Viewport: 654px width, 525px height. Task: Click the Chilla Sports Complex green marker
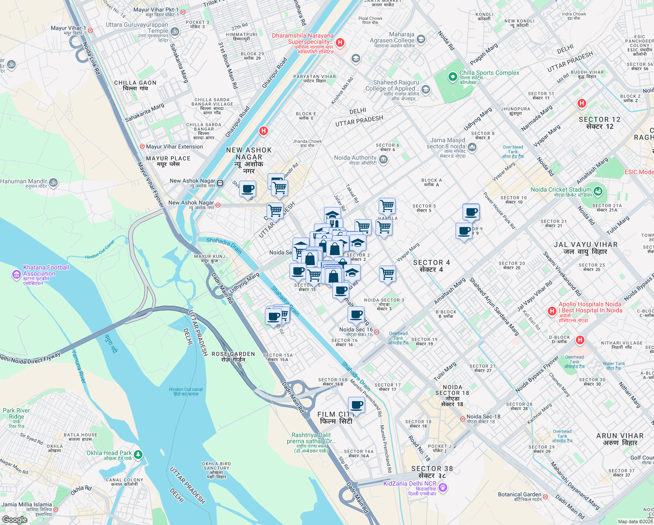[x=452, y=77]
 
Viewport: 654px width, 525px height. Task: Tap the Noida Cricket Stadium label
[x=561, y=190]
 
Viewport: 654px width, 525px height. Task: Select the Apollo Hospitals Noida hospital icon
[x=552, y=311]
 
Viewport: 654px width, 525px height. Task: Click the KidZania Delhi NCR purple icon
[x=443, y=487]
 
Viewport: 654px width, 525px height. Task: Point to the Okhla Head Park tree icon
[x=138, y=455]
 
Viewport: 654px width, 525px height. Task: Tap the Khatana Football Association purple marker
[x=16, y=274]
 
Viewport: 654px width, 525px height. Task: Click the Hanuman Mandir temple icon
[x=53, y=182]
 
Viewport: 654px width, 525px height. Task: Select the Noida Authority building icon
[x=383, y=160]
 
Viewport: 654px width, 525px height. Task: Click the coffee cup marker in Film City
[x=357, y=405]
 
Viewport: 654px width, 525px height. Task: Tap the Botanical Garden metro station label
[x=519, y=495]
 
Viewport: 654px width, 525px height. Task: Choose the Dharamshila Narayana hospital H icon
[x=340, y=42]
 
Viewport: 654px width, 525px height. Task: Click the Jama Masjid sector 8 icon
[x=472, y=147]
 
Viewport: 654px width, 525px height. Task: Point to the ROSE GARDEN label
[x=233, y=354]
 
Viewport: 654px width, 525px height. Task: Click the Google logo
[x=14, y=519]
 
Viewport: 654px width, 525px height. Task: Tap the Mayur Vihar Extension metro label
[x=174, y=147]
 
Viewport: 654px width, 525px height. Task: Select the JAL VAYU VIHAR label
[x=586, y=245]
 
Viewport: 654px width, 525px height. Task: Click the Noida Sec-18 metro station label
[x=483, y=417]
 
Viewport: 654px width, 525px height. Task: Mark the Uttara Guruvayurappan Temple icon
[x=175, y=31]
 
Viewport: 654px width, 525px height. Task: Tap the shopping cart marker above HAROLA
[x=387, y=205]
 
